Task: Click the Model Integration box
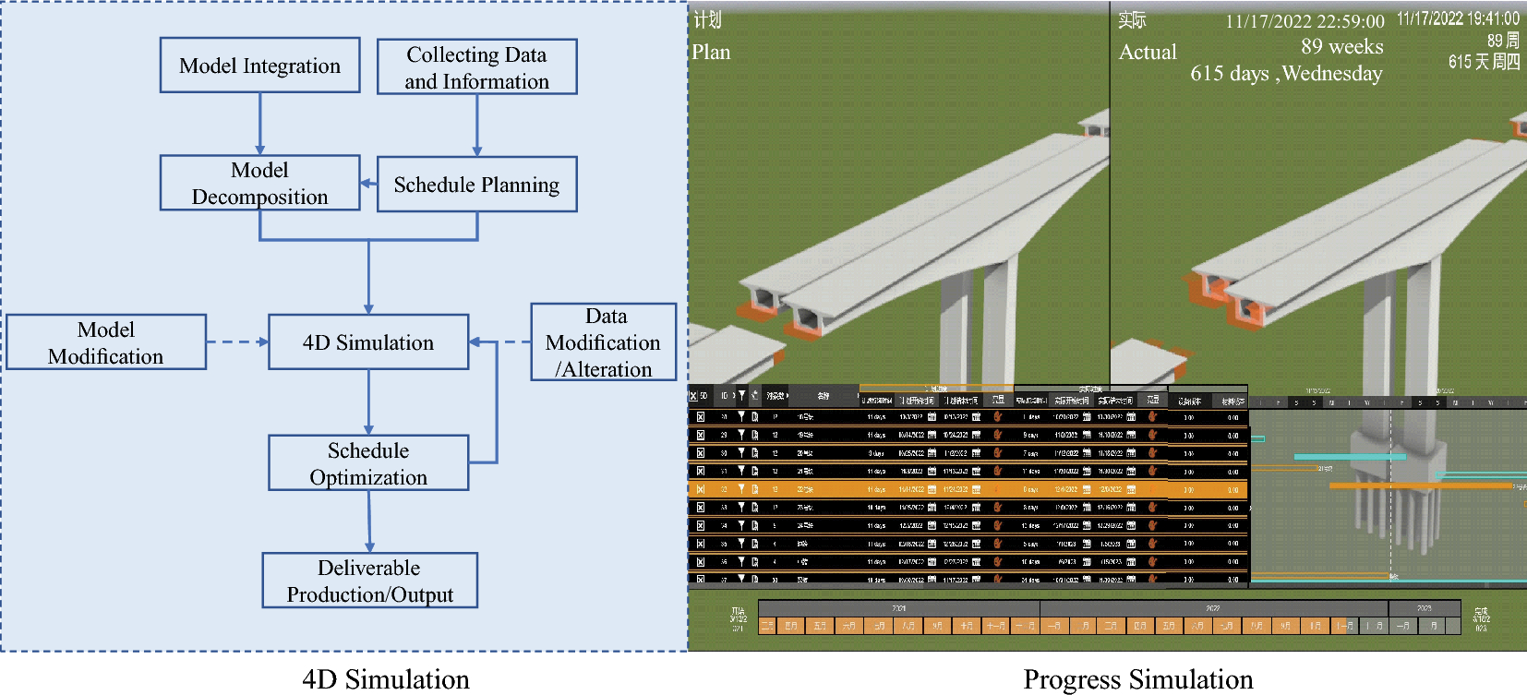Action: pyautogui.click(x=259, y=66)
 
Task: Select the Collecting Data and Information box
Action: pyautogui.click(x=476, y=67)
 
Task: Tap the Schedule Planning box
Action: pyautogui.click(x=476, y=185)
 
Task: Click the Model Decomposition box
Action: pyautogui.click(x=259, y=183)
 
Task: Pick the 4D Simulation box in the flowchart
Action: pyautogui.click(x=368, y=342)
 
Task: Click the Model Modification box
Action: pyautogui.click(x=106, y=342)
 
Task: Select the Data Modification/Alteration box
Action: pyautogui.click(x=604, y=342)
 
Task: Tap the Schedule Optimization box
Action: pyautogui.click(x=368, y=463)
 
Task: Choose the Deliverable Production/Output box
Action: pyautogui.click(x=369, y=581)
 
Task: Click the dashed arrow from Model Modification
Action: pyautogui.click(x=236, y=342)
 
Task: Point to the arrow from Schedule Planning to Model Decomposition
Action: pyautogui.click(x=368, y=184)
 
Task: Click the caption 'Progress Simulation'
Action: pyautogui.click(x=1137, y=679)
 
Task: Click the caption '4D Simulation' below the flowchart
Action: pyautogui.click(x=386, y=679)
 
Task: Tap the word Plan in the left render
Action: pyautogui.click(x=711, y=53)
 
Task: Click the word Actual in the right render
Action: pyautogui.click(x=1148, y=53)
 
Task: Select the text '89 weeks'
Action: pyautogui.click(x=1341, y=47)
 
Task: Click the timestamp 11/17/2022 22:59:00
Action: pyautogui.click(x=1305, y=22)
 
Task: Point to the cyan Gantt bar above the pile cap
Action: pyautogui.click(x=1349, y=457)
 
